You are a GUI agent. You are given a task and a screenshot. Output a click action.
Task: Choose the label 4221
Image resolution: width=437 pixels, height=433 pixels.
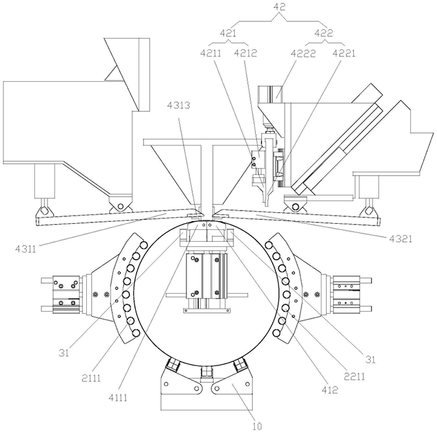coord(343,54)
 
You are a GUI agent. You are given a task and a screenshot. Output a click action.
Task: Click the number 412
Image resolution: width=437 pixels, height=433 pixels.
coord(330,391)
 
